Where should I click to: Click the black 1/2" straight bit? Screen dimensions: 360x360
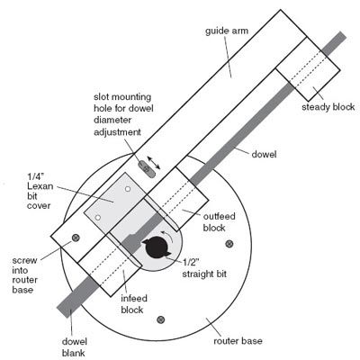(x=157, y=247)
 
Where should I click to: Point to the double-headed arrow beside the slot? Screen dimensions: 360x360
(x=154, y=163)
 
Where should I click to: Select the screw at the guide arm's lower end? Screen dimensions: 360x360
(x=76, y=238)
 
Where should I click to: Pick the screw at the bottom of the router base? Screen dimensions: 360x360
(x=161, y=319)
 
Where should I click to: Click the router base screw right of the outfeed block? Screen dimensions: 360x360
(x=229, y=244)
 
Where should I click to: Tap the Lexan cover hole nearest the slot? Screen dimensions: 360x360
(x=128, y=189)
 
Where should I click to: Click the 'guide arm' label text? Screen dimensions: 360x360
(x=227, y=31)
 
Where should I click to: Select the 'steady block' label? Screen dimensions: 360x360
(x=328, y=107)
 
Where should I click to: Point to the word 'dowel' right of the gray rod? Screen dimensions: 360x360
(x=264, y=155)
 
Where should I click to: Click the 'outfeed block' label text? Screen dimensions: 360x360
(x=219, y=222)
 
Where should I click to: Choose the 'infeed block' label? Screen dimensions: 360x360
(x=134, y=304)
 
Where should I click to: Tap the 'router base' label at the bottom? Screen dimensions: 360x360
(x=238, y=341)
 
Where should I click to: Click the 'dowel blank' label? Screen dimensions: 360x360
(x=75, y=347)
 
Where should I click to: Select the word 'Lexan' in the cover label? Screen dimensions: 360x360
(x=40, y=186)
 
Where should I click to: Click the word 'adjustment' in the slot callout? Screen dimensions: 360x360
(x=117, y=132)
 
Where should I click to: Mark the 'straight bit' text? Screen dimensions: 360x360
(x=204, y=274)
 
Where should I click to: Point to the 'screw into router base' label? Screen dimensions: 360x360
(x=25, y=275)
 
